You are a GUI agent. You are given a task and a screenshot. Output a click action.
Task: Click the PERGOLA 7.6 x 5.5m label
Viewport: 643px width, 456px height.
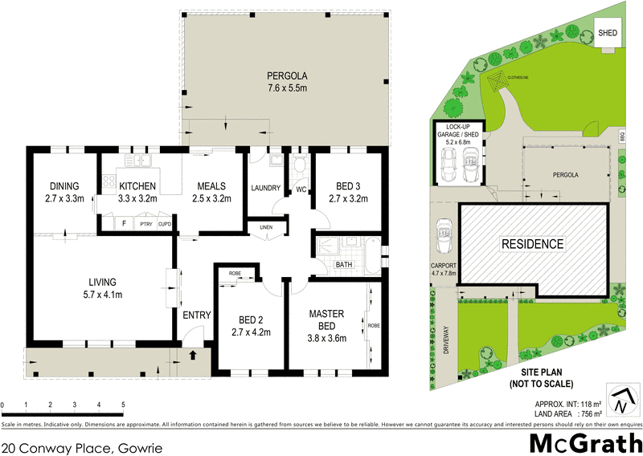[x=287, y=83]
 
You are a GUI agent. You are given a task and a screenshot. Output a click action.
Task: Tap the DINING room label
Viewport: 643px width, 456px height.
[x=64, y=193]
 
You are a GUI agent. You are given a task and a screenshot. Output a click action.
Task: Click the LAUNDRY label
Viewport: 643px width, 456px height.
[x=265, y=189]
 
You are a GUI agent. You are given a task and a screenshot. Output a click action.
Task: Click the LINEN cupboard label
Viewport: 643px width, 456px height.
[x=266, y=227]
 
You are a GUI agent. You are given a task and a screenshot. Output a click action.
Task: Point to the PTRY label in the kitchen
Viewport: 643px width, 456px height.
[x=145, y=224]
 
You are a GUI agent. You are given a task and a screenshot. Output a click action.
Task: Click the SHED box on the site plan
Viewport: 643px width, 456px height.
[x=608, y=34]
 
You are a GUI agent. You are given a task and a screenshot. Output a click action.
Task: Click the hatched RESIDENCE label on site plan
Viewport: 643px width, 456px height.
[x=532, y=244]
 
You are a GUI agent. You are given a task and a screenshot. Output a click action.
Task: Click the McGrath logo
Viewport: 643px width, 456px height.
[x=584, y=442]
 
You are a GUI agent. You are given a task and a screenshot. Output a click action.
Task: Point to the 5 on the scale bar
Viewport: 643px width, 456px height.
[x=123, y=405]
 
